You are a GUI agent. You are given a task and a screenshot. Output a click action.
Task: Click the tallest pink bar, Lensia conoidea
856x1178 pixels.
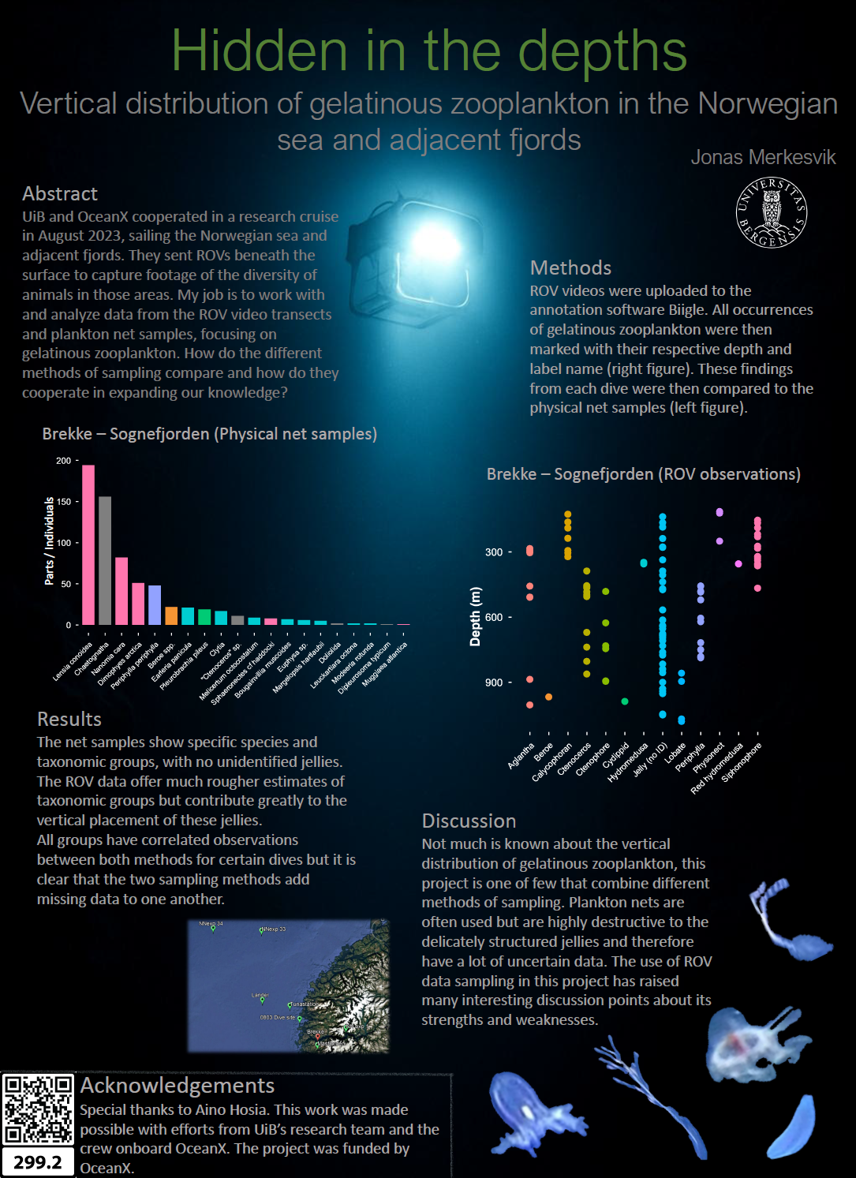88,544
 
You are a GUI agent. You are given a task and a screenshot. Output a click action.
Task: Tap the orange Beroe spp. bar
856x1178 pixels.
171,615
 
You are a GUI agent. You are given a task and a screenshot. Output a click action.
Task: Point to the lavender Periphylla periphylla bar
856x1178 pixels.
155,604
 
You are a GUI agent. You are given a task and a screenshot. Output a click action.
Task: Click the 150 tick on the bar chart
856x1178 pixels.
63,502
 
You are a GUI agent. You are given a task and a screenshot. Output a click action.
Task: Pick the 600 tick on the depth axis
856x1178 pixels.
494,618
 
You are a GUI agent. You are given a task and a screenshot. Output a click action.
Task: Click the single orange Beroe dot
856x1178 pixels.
548,697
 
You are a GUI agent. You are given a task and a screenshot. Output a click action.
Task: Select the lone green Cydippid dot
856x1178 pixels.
625,701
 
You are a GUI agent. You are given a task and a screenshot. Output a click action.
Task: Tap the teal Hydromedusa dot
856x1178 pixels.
644,563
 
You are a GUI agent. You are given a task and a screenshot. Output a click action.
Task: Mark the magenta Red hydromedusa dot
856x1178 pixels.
738,563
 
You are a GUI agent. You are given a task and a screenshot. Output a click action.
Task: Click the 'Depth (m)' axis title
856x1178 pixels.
475,617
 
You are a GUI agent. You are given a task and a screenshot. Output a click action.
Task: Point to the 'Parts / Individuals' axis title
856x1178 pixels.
49,541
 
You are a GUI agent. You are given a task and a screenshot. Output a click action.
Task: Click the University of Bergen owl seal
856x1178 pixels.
772,211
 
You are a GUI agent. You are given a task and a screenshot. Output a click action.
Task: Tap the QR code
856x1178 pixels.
37,1109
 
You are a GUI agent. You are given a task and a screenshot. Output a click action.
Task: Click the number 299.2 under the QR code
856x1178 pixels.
37,1162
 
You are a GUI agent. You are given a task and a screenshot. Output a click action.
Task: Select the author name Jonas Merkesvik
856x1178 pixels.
763,158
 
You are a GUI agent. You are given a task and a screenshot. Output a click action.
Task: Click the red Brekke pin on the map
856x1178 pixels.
318,1037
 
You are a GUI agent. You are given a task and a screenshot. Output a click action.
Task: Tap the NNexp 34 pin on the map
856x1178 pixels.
212,928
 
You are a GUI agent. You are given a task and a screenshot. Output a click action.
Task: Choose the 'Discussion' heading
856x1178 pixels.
469,821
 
